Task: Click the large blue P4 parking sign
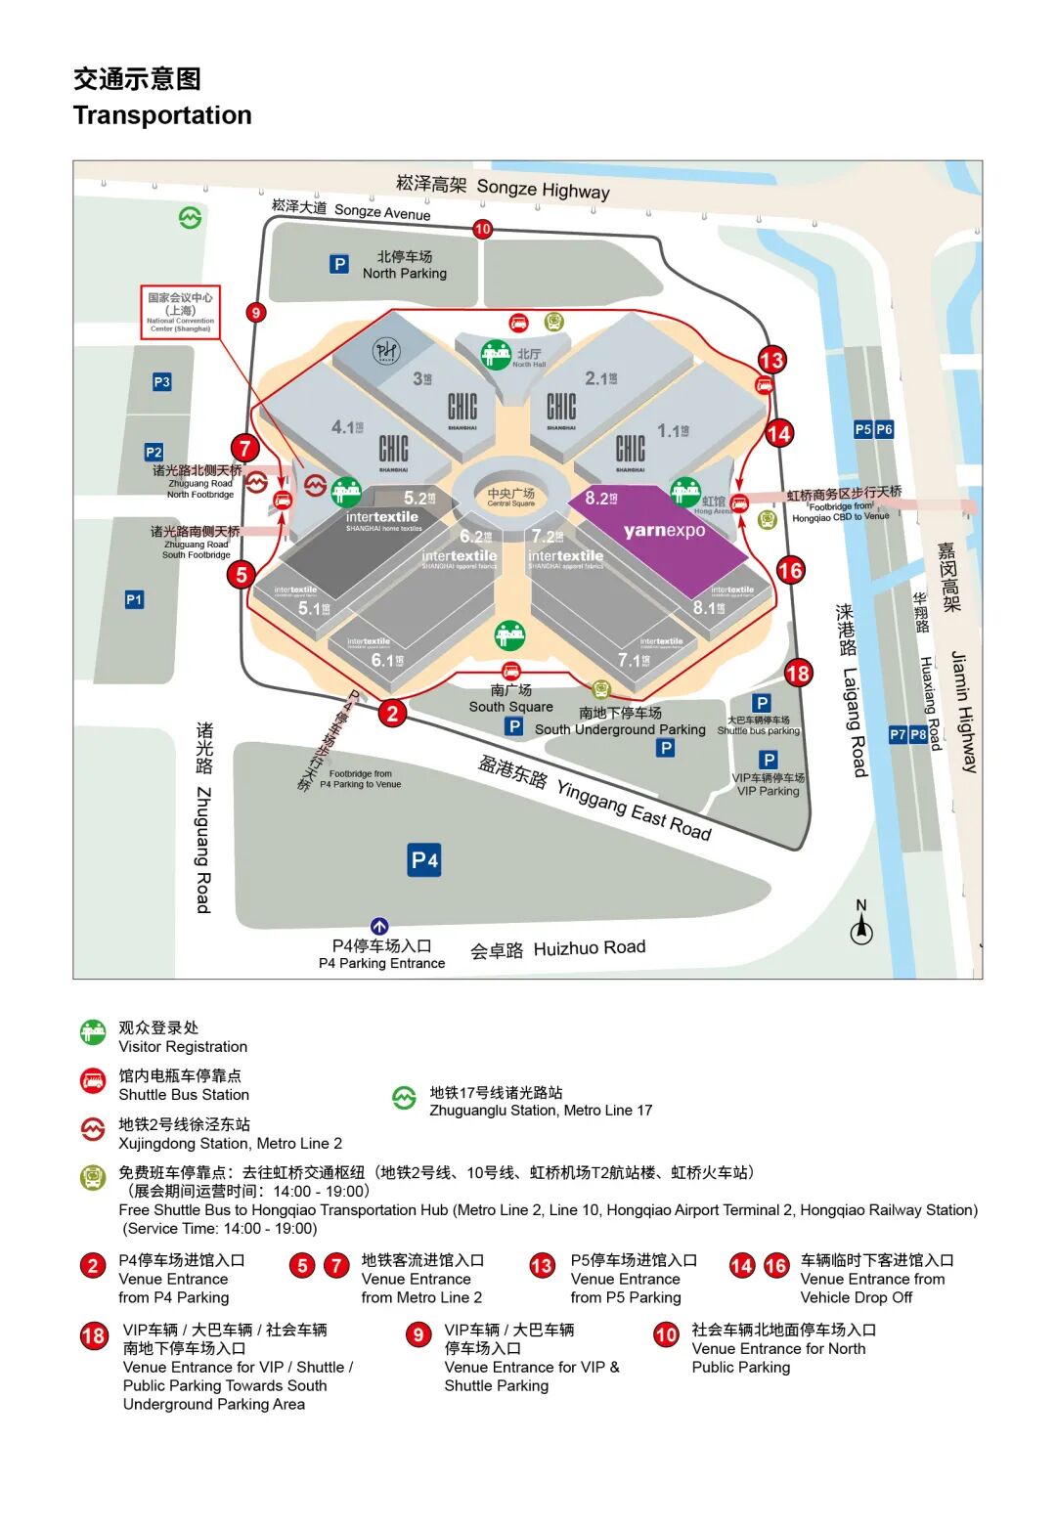424,860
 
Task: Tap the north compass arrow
861,925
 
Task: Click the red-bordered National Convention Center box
181,312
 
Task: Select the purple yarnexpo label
664,531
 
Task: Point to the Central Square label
510,497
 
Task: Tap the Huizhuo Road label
558,948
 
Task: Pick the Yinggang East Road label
594,797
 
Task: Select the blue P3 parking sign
162,382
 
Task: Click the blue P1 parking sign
134,599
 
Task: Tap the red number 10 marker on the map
482,229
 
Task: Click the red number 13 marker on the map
771,360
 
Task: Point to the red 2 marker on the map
392,713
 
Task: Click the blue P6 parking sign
884,429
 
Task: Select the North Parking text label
404,265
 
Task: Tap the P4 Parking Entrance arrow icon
379,926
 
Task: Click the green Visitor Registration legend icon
93,1032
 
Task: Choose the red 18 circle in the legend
94,1335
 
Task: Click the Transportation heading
162,115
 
